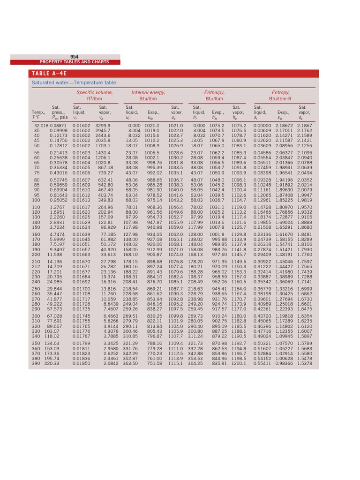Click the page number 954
click(x=74, y=57)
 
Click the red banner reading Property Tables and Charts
click(x=74, y=62)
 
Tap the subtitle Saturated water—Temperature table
click(x=74, y=83)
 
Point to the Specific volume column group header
click(x=95, y=93)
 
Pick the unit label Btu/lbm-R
click(x=280, y=99)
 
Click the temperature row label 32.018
click(x=41, y=126)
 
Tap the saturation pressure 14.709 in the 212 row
click(x=55, y=267)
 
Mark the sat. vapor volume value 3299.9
click(x=103, y=126)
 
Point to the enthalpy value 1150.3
click(x=239, y=267)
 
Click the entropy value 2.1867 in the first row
click(x=304, y=126)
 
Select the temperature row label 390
click(x=36, y=363)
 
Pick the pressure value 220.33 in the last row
click(x=52, y=363)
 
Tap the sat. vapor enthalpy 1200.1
click(x=239, y=363)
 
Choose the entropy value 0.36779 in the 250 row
click(x=263, y=289)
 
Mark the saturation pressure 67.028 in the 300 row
click(x=55, y=316)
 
